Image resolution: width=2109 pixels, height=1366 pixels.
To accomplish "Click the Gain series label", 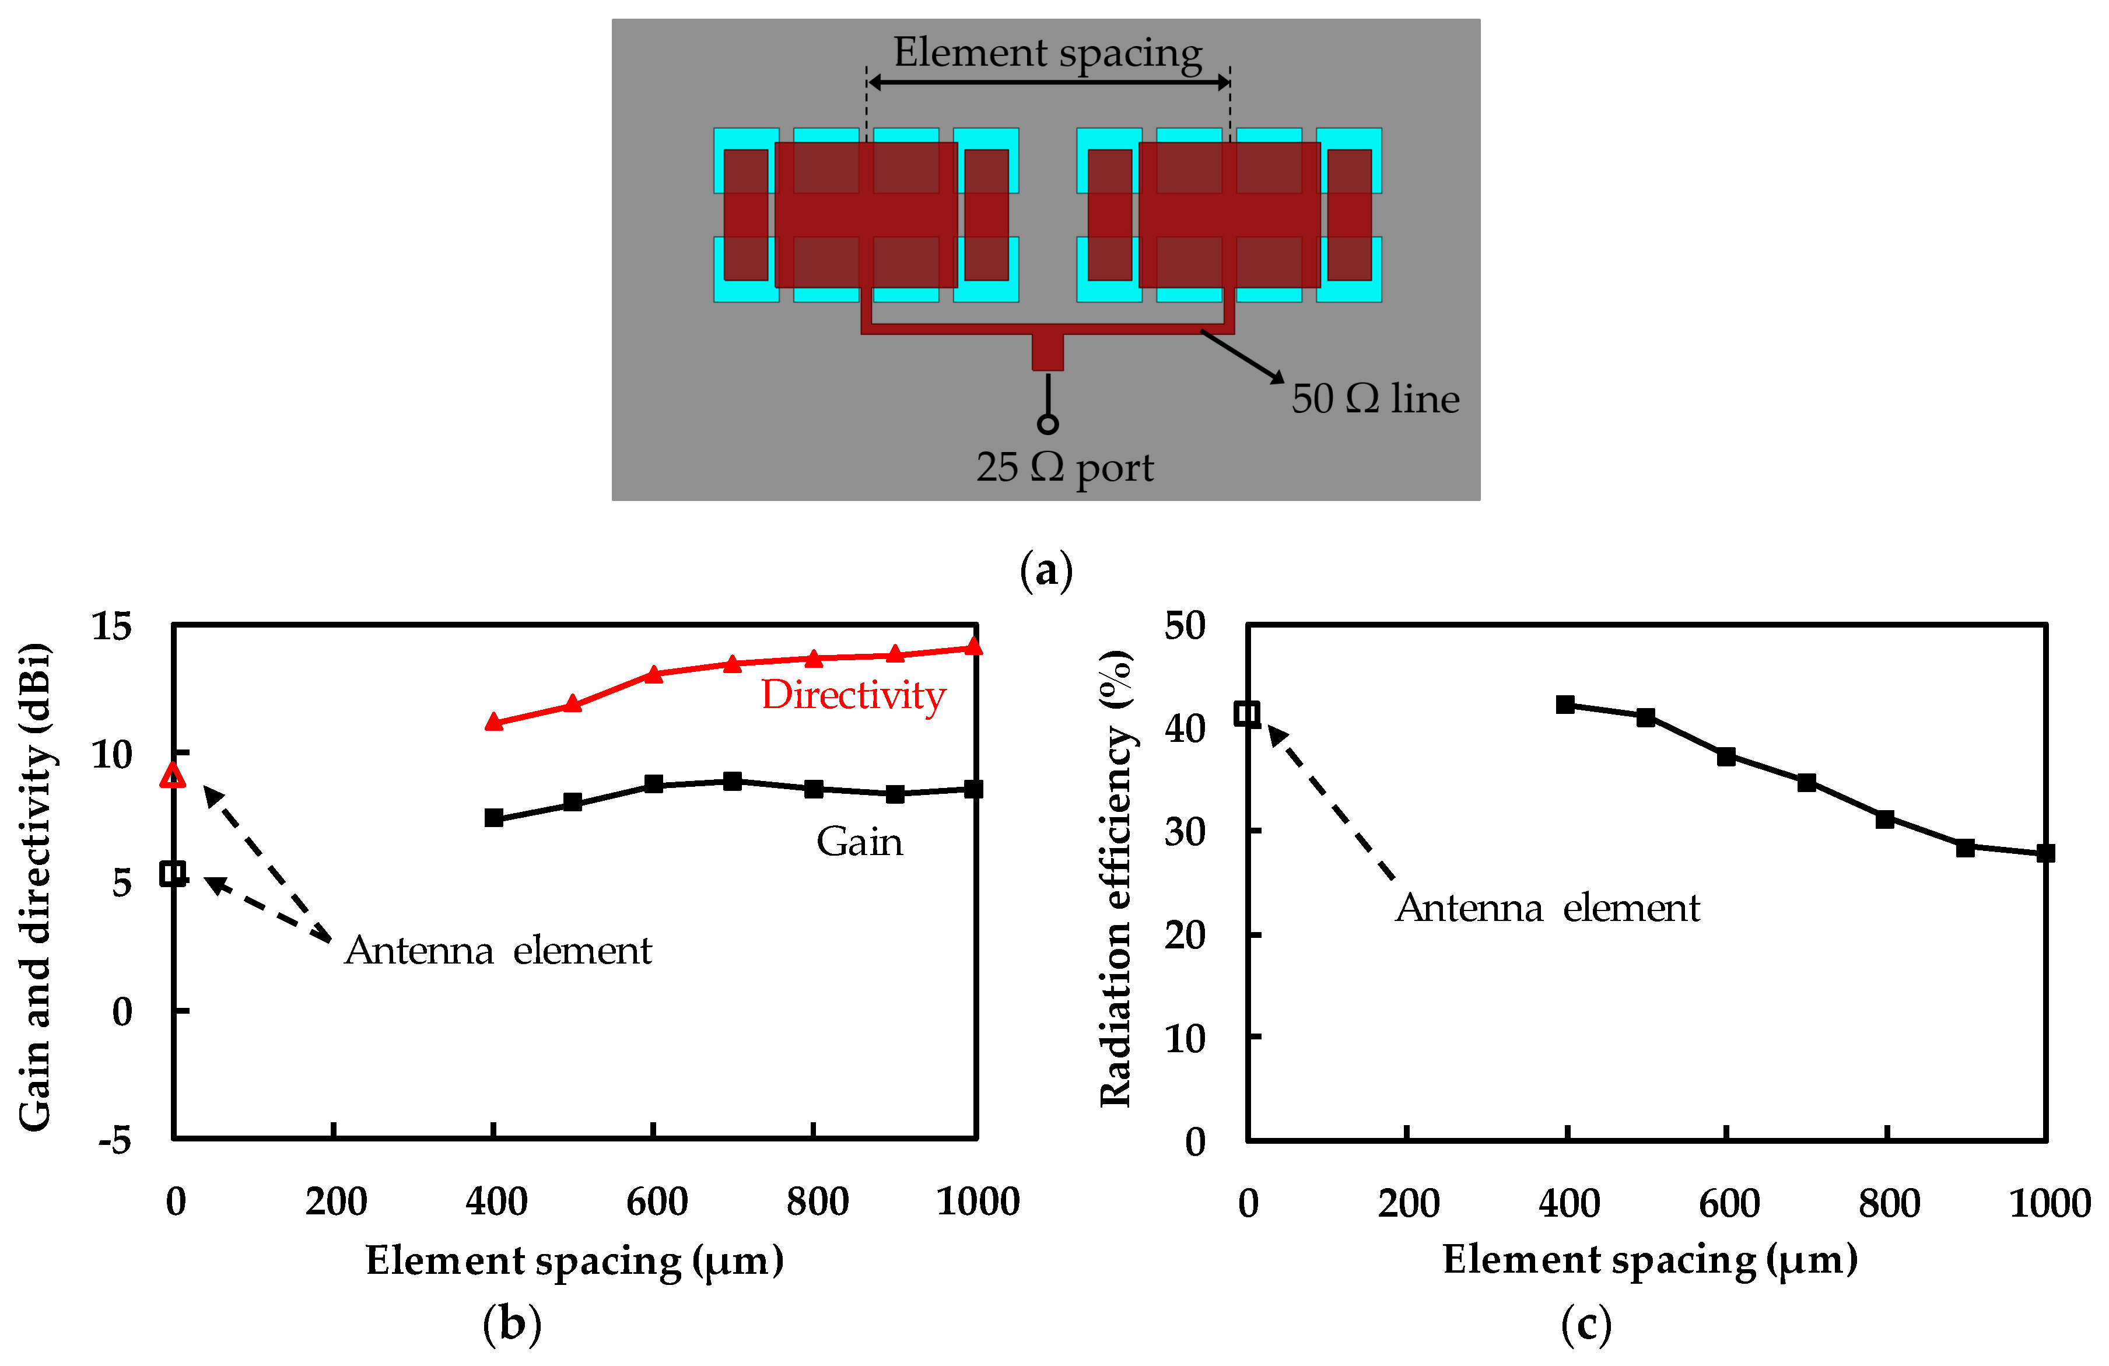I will (x=859, y=841).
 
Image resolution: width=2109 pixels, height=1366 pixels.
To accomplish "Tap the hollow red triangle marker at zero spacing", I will (x=173, y=776).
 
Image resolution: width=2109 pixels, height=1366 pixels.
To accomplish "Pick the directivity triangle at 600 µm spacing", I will (x=653, y=674).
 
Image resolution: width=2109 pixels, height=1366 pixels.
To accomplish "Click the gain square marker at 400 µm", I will (x=493, y=817).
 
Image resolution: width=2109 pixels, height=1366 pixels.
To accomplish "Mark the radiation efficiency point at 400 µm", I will (x=1565, y=705).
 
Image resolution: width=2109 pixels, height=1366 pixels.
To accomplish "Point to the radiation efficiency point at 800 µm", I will (x=1885, y=819).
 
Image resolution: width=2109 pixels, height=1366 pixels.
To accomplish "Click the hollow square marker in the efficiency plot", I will (x=1247, y=713).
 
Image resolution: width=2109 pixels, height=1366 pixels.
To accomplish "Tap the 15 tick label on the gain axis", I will (x=111, y=626).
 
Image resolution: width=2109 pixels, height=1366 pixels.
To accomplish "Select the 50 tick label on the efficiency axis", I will (x=1185, y=626).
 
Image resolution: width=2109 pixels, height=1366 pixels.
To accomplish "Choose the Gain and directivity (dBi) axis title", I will (x=36, y=887).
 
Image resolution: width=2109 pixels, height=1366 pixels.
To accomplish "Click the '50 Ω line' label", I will (x=1374, y=399).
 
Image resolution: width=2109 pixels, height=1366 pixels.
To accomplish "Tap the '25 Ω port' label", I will (x=1064, y=467).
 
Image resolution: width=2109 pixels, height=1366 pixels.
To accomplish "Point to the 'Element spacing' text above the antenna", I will (x=1048, y=52).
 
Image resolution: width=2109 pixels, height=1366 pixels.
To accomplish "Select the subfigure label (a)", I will (x=1046, y=570).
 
